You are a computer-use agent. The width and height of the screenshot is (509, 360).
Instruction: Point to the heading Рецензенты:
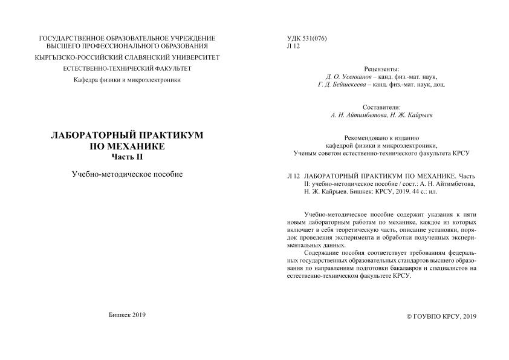(x=381, y=70)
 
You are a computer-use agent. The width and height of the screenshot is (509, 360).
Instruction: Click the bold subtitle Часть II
(x=127, y=157)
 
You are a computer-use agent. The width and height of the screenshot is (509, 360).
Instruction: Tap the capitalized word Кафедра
(x=88, y=80)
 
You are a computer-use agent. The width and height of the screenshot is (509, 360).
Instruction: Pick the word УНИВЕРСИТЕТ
(x=191, y=57)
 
